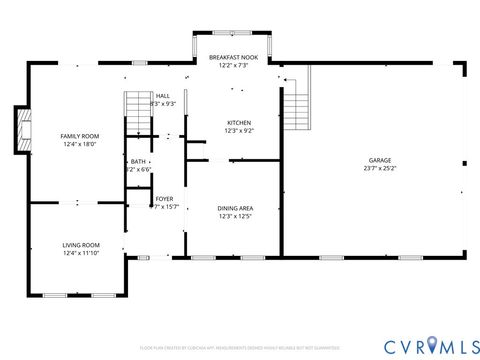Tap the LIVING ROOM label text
pos(82,244)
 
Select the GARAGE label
pos(379,160)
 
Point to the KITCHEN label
pos(239,122)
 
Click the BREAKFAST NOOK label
pos(233,58)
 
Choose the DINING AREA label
pos(234,207)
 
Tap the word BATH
pos(138,162)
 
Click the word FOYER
pos(164,199)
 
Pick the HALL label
pos(162,95)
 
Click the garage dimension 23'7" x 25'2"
pos(379,168)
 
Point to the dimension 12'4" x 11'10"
pos(82,252)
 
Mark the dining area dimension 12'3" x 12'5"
pos(234,215)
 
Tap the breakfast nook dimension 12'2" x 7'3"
pos(233,66)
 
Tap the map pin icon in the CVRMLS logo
pos(431,345)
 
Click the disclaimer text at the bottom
pos(239,349)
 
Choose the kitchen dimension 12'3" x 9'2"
pos(239,130)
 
